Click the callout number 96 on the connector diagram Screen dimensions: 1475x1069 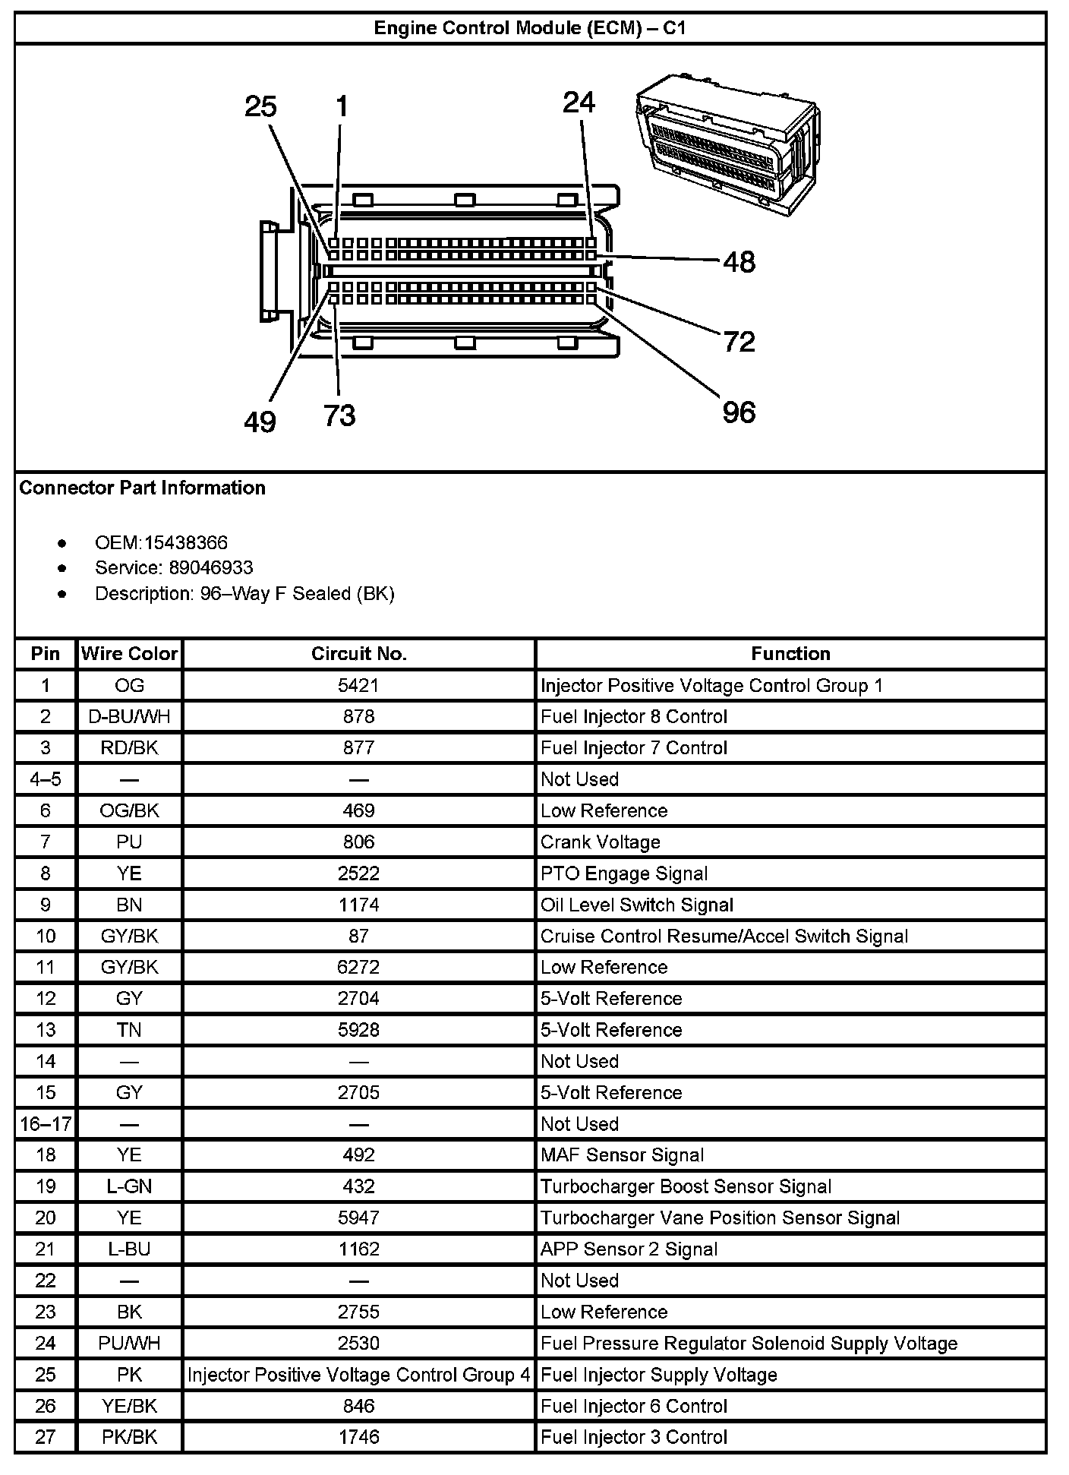click(739, 412)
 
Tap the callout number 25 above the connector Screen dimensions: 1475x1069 click(260, 106)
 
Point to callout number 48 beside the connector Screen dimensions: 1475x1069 click(739, 262)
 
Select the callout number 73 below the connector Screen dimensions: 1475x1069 click(339, 415)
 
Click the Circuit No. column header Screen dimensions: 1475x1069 click(358, 654)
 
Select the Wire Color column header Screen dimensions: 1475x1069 click(129, 654)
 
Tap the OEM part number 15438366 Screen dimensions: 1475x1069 click(186, 543)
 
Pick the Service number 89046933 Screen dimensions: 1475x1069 click(211, 568)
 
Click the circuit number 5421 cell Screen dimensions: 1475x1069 click(358, 686)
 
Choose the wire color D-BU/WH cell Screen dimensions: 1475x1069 click(129, 717)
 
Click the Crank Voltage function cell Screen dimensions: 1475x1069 click(600, 842)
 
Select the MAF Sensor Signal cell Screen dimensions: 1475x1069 click(622, 1155)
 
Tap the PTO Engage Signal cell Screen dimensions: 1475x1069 click(623, 873)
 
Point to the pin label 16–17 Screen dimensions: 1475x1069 click(46, 1124)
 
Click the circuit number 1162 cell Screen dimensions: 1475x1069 click(358, 1249)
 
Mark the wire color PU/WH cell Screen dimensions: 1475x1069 click(129, 1344)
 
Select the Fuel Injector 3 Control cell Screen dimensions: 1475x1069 click(633, 1437)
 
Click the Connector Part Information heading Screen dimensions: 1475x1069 click(142, 488)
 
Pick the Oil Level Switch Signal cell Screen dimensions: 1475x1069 click(636, 905)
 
